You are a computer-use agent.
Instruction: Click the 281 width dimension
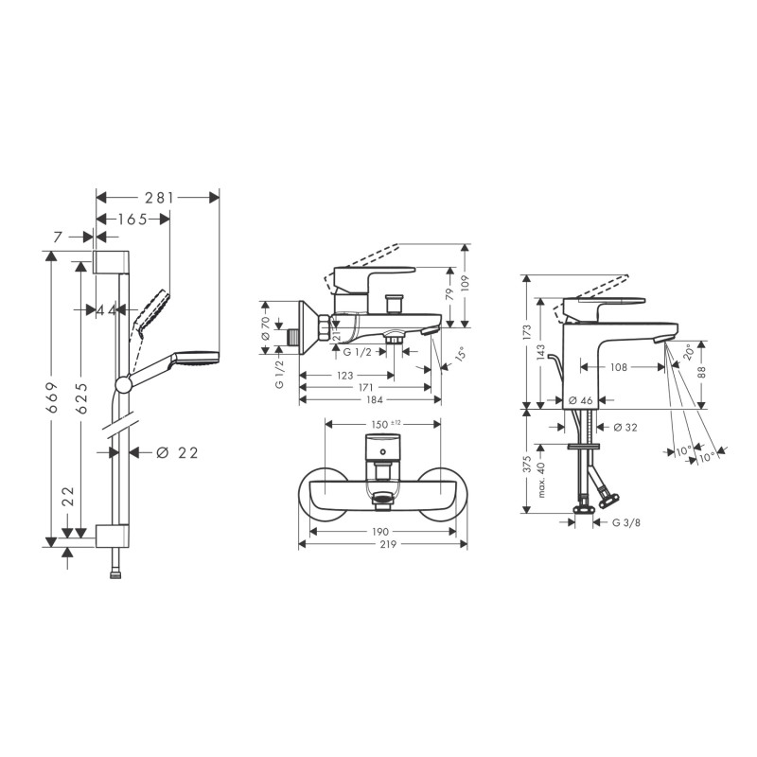coord(159,198)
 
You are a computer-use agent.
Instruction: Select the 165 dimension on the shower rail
coord(132,220)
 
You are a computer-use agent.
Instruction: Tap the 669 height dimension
coord(53,397)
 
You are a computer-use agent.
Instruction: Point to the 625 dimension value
coord(82,397)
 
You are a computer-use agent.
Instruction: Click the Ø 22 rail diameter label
coord(178,453)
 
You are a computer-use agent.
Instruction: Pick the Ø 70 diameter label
coord(266,328)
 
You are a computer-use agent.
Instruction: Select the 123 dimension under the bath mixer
coord(345,376)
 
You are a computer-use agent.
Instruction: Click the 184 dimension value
coord(375,399)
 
